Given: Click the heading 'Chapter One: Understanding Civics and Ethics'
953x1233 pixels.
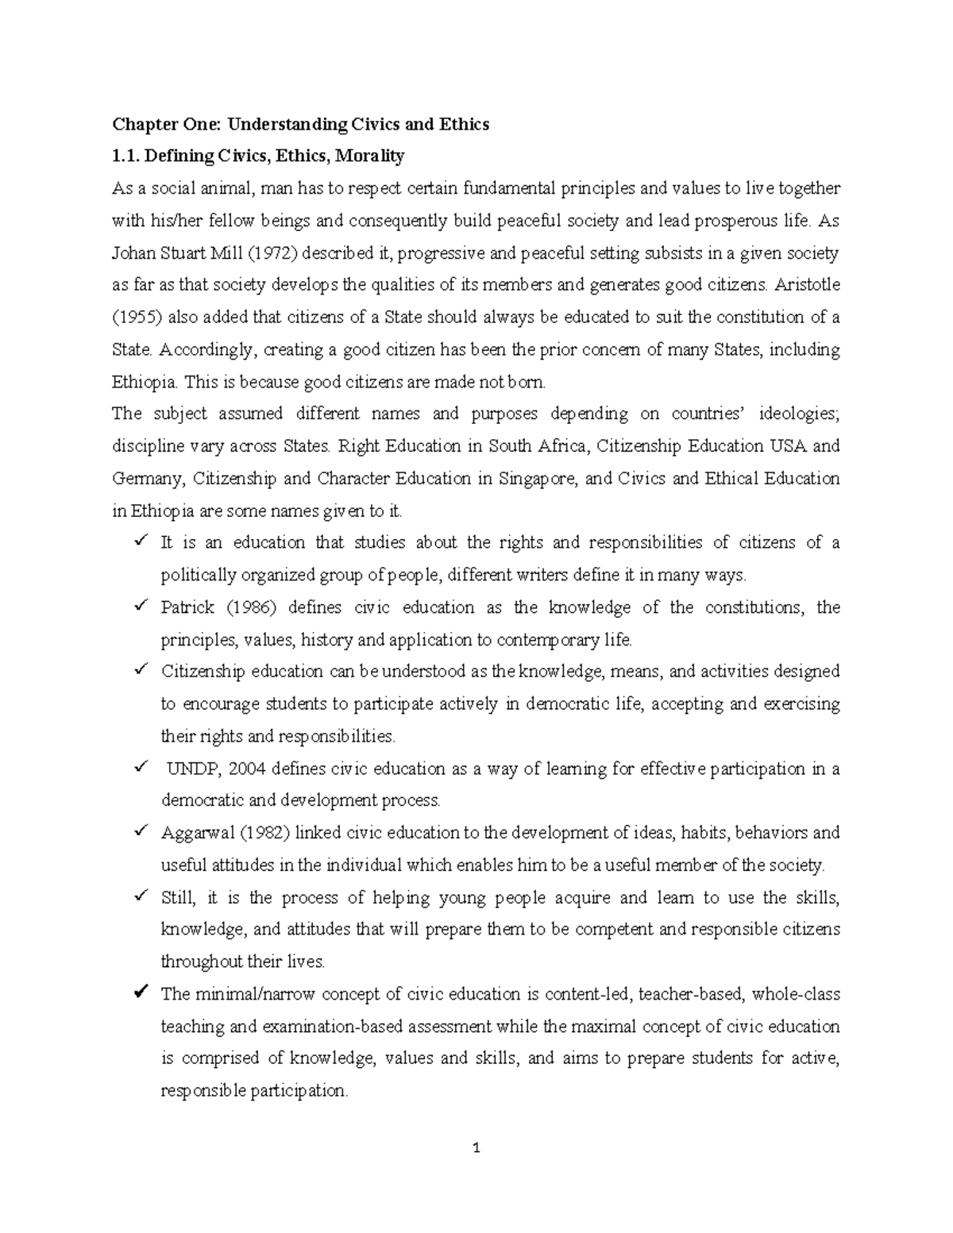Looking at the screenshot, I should [300, 124].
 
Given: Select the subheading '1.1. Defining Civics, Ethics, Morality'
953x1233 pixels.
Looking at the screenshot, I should [258, 156].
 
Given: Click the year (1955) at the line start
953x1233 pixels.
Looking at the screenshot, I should [136, 318].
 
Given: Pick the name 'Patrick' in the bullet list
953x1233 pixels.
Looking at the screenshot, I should [187, 607].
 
